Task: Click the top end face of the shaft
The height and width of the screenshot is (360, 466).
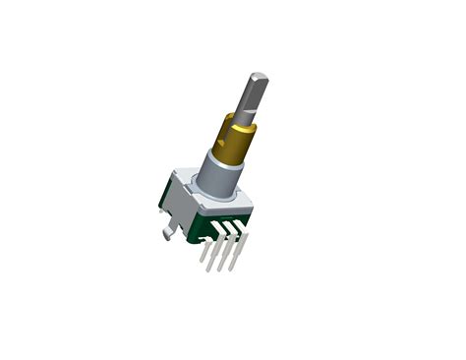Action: pos(259,77)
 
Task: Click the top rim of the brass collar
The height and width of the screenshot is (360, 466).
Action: pos(240,118)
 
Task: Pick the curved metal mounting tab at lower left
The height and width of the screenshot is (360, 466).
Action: pos(169,231)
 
